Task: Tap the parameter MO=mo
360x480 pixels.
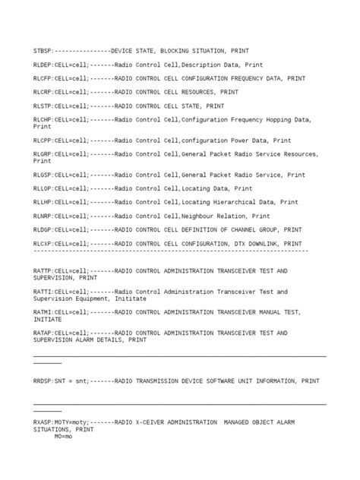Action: (x=64, y=437)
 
